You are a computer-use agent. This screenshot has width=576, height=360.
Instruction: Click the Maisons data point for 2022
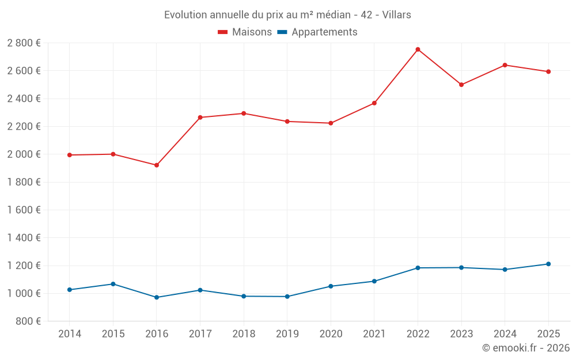[x=418, y=50]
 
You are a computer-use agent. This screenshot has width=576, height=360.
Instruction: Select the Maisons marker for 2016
[x=157, y=165]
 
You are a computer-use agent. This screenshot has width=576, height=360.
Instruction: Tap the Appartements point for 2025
[x=548, y=264]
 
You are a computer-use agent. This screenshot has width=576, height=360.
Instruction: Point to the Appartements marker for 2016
[x=157, y=297]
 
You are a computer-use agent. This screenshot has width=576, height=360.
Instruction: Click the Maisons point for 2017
[x=200, y=118]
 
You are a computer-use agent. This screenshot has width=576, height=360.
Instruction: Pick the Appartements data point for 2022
[x=418, y=268]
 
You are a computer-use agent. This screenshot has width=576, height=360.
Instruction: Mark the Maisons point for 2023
[x=461, y=85]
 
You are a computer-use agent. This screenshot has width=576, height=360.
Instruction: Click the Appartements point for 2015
[x=113, y=284]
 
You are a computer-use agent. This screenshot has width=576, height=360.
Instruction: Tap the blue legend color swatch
[x=282, y=32]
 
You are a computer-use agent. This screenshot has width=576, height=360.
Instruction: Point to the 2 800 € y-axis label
[x=24, y=43]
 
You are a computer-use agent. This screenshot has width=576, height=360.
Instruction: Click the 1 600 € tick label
[x=24, y=210]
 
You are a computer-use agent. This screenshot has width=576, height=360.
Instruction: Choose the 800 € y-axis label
[x=28, y=321]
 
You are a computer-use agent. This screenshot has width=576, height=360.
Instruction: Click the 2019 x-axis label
[x=287, y=334]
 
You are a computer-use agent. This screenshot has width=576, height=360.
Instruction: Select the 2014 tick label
[x=69, y=334]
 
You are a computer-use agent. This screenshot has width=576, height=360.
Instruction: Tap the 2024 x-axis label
[x=505, y=334]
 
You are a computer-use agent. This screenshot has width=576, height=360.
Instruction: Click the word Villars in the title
[x=396, y=15]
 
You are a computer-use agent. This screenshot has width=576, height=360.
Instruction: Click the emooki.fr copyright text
[x=525, y=348]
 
